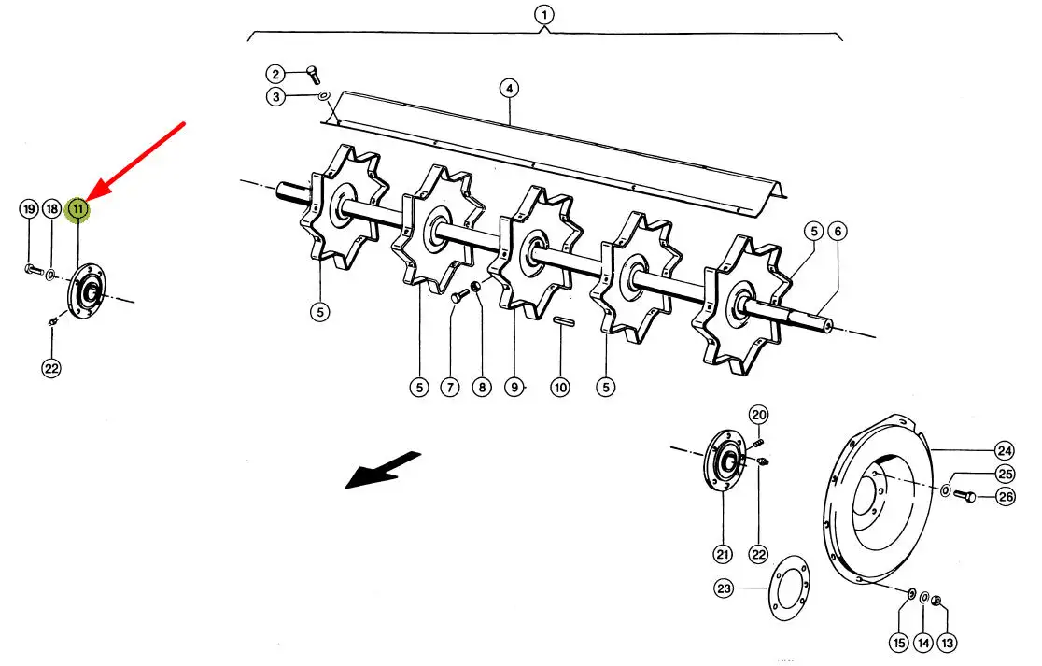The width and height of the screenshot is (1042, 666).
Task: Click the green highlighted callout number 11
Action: pyautogui.click(x=77, y=209)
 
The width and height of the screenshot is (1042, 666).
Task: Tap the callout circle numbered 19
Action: pyautogui.click(x=29, y=209)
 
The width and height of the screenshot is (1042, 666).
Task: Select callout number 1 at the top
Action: pyautogui.click(x=544, y=15)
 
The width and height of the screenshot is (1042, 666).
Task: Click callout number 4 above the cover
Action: pyautogui.click(x=509, y=89)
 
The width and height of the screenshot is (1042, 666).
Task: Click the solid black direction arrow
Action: pyautogui.click(x=383, y=470)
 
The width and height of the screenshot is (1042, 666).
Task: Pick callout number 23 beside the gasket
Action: pyautogui.click(x=724, y=588)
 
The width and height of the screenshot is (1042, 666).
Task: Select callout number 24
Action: pyautogui.click(x=1004, y=450)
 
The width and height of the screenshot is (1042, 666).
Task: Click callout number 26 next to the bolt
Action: pyautogui.click(x=1007, y=497)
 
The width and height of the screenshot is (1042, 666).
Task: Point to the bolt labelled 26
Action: pyautogui.click(x=965, y=496)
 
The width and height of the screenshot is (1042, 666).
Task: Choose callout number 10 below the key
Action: pyautogui.click(x=560, y=387)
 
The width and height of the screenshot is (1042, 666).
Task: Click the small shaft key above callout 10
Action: pyautogui.click(x=564, y=321)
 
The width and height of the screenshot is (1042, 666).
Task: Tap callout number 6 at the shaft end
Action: pyautogui.click(x=838, y=231)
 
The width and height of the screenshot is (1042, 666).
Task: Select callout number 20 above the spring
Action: pyautogui.click(x=759, y=415)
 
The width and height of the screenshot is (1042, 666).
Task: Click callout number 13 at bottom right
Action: pyautogui.click(x=947, y=643)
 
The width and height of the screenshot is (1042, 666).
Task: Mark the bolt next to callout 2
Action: pyautogui.click(x=313, y=75)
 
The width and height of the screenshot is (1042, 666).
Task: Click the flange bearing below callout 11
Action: pyautogui.click(x=87, y=293)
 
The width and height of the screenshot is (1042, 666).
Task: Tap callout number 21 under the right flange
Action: pyautogui.click(x=723, y=554)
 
